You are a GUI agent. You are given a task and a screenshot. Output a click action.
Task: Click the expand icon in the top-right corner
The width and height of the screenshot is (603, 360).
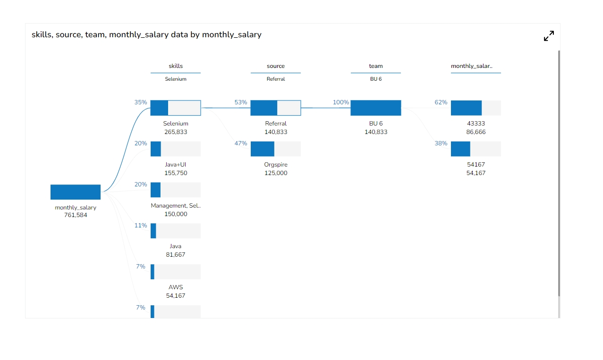[549, 36]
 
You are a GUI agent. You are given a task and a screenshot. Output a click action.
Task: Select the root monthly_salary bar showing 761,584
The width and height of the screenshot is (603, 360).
[76, 192]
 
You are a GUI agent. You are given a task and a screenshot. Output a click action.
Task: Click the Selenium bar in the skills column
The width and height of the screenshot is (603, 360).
[176, 108]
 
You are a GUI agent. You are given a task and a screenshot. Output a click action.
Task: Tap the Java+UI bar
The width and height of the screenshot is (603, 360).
[176, 149]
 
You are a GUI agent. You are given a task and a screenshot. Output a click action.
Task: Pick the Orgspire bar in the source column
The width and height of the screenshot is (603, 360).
[276, 149]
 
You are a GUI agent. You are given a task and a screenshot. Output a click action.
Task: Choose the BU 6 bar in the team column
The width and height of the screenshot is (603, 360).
[376, 108]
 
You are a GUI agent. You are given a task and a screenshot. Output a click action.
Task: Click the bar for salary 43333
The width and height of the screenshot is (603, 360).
[476, 108]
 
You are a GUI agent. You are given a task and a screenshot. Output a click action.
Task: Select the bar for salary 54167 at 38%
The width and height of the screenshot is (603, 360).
[476, 149]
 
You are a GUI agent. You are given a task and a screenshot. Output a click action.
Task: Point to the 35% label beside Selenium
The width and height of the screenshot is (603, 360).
[141, 102]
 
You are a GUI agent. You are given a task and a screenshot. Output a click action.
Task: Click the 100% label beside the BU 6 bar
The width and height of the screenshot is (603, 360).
[341, 102]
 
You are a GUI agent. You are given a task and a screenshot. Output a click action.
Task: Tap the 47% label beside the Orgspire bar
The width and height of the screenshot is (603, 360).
[241, 143]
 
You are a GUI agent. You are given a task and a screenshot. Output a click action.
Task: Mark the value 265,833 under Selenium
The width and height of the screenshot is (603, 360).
[176, 132]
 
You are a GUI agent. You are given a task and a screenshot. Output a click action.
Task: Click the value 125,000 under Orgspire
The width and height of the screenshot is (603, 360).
[276, 173]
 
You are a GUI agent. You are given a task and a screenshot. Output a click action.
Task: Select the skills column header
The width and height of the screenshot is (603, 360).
[176, 66]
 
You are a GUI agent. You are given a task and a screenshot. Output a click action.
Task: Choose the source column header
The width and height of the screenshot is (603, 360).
[276, 66]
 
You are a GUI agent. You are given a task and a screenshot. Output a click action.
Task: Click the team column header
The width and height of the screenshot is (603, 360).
[376, 66]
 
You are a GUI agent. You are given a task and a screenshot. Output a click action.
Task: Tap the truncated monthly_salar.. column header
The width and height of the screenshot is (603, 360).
[472, 66]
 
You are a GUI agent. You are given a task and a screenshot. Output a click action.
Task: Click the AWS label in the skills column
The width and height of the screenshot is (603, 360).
[176, 287]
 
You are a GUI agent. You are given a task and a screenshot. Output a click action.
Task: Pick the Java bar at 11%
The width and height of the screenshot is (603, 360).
[176, 231]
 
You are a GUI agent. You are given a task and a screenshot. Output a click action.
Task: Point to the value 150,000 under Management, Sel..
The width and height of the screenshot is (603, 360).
[176, 214]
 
